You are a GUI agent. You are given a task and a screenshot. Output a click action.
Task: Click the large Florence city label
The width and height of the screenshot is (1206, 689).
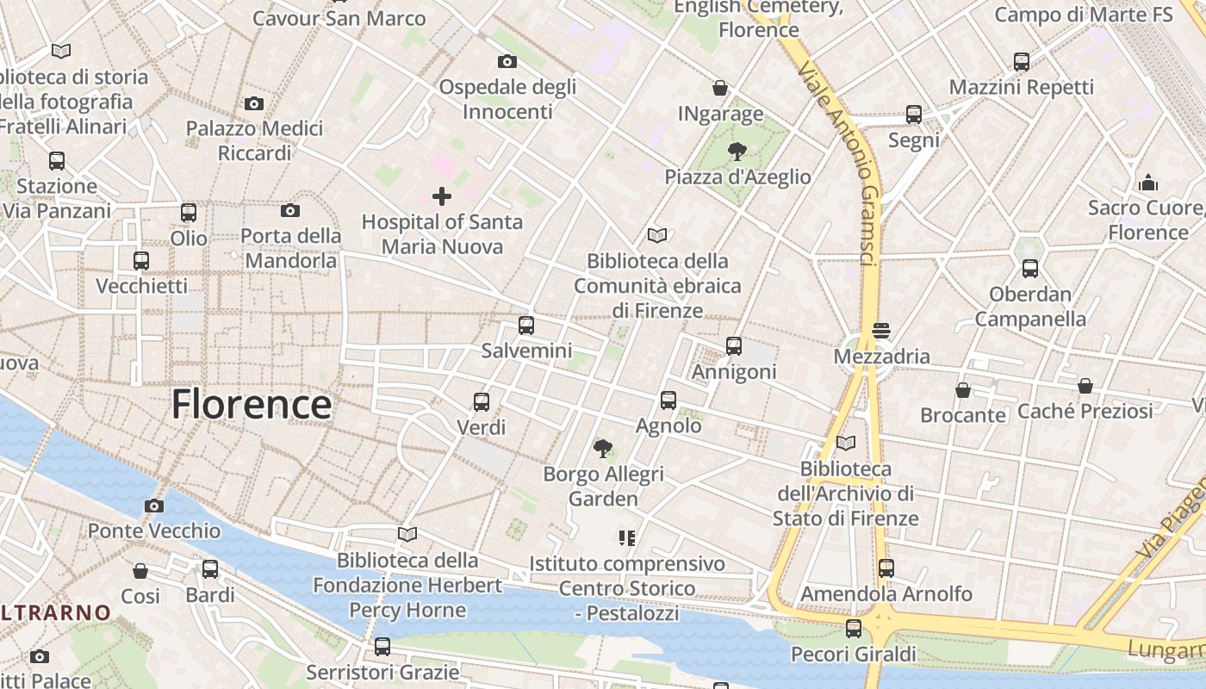pyautogui.click(x=251, y=404)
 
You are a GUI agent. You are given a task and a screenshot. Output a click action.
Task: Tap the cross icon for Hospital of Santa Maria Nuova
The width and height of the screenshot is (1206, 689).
pyautogui.click(x=441, y=196)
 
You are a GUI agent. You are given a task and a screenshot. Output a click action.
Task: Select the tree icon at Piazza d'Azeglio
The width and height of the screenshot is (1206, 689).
pyautogui.click(x=737, y=152)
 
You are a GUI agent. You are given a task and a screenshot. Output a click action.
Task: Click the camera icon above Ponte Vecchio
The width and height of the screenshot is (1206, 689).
pyautogui.click(x=154, y=506)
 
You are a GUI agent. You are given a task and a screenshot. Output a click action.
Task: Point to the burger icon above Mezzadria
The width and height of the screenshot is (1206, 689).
pyautogui.click(x=880, y=331)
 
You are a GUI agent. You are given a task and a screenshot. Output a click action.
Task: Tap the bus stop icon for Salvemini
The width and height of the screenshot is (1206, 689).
pyautogui.click(x=525, y=326)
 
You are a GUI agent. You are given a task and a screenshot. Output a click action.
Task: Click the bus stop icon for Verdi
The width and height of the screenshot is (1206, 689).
pyautogui.click(x=481, y=401)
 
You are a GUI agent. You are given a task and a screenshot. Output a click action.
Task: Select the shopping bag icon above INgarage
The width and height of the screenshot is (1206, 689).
pyautogui.click(x=720, y=88)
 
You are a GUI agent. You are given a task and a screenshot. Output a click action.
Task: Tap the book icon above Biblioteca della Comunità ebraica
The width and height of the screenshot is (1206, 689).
pyautogui.click(x=657, y=235)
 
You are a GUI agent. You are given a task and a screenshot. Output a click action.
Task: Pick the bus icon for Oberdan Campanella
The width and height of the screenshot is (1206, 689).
pyautogui.click(x=1029, y=269)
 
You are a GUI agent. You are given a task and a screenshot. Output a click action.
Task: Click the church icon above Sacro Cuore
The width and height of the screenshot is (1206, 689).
pyautogui.click(x=1147, y=183)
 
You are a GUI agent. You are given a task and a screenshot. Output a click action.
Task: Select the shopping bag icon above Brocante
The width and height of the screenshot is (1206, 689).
pyautogui.click(x=962, y=390)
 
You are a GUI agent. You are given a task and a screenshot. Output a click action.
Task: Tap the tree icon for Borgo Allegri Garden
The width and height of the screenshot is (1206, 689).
pyautogui.click(x=603, y=448)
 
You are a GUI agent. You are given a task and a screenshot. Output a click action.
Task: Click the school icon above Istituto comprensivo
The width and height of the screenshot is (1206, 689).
pyautogui.click(x=626, y=538)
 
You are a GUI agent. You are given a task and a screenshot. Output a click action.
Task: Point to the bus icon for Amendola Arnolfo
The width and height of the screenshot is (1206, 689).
pyautogui.click(x=886, y=568)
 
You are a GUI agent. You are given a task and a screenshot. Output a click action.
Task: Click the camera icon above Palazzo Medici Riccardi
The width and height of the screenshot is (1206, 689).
pyautogui.click(x=253, y=103)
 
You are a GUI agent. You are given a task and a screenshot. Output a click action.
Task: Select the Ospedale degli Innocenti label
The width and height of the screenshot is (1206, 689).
pyautogui.click(x=507, y=99)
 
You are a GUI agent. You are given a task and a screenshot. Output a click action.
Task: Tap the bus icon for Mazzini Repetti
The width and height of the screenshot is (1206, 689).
pyautogui.click(x=1021, y=62)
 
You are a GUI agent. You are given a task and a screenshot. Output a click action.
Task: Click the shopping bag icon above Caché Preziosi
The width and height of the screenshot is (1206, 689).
pyautogui.click(x=1085, y=386)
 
